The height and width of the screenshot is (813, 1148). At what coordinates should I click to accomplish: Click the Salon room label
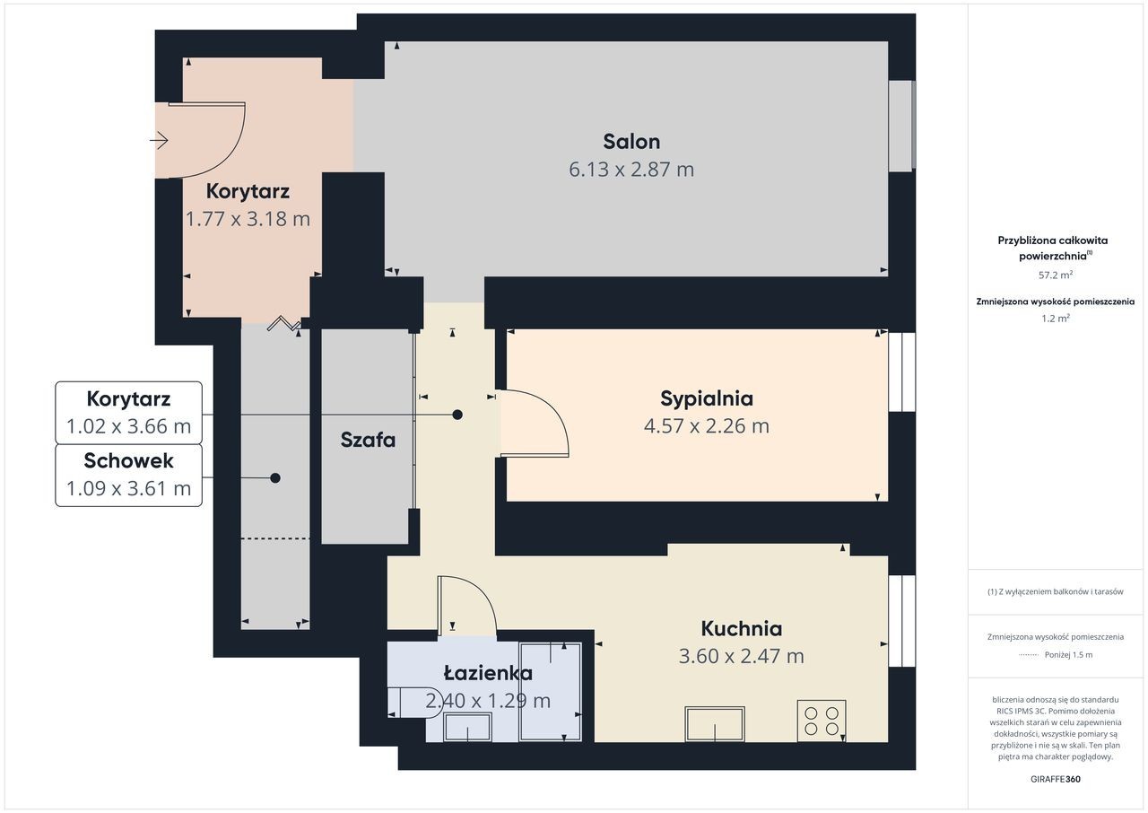pos(631,142)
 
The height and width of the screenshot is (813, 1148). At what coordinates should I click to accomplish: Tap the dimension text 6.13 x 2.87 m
pos(631,170)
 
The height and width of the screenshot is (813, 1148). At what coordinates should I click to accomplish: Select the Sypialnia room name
pos(706,398)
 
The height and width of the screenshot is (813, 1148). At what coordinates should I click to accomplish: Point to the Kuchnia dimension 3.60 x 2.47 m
pos(741,656)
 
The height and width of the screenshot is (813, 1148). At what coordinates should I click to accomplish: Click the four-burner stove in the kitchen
pos(821,721)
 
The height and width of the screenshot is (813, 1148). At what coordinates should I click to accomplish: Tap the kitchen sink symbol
pos(715,723)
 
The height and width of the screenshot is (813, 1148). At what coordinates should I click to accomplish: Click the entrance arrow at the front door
pos(159,140)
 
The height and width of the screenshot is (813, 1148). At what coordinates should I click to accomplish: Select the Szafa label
pos(368,440)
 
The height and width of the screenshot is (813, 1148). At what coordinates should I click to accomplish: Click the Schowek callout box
pos(128,476)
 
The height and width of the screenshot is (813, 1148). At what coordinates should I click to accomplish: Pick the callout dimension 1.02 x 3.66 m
pos(128,426)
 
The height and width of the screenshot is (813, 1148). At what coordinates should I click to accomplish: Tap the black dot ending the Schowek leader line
pos(275,478)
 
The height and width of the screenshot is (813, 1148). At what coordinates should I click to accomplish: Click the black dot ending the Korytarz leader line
pos(457,415)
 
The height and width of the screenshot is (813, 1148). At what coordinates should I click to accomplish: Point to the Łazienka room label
pos(488,673)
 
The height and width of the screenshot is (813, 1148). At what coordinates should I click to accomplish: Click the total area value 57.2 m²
pos(1056,275)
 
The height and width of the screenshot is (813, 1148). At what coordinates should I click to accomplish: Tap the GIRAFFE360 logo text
pos(1056,779)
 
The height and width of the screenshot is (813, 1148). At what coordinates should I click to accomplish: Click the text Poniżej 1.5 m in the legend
pos(1068,654)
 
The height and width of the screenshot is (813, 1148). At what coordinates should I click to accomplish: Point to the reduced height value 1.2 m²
pos(1056,319)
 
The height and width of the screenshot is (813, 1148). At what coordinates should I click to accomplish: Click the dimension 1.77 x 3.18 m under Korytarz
pos(248,219)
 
